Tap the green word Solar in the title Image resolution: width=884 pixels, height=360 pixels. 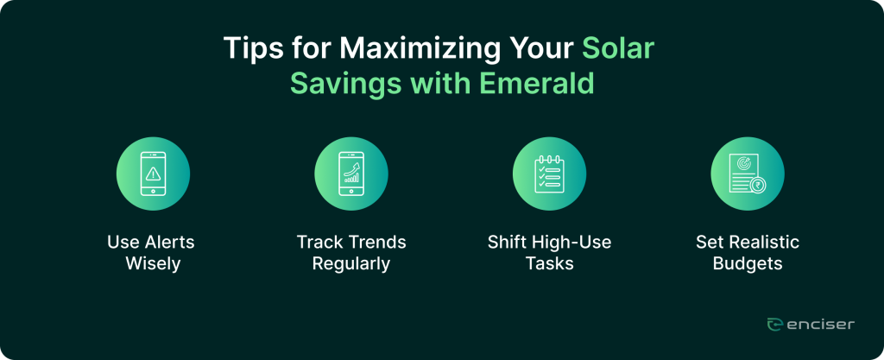(x=617, y=49)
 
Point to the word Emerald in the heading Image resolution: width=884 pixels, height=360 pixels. (x=537, y=84)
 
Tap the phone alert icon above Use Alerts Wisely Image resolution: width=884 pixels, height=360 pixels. (x=153, y=174)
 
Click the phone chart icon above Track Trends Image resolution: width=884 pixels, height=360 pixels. (x=351, y=174)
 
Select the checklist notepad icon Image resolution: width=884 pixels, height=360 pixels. (x=549, y=174)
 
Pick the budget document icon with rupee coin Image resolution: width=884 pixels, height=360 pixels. (x=747, y=174)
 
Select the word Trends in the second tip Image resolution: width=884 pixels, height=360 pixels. (x=377, y=243)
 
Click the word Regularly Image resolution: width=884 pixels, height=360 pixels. (x=351, y=263)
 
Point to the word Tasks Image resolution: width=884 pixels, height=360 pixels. (x=550, y=263)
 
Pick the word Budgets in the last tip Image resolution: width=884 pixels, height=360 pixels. (x=748, y=263)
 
